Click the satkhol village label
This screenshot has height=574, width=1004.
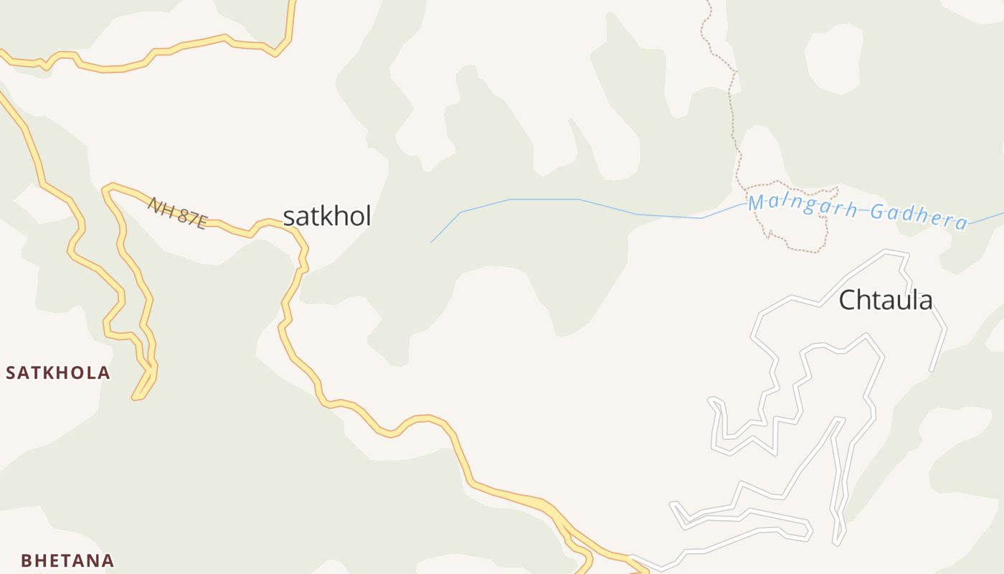click(327, 216)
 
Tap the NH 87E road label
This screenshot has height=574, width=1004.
click(177, 213)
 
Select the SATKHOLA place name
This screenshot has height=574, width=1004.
click(58, 373)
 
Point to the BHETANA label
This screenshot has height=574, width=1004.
click(67, 560)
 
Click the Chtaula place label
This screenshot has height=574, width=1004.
click(886, 300)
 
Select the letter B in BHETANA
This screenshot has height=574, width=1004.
click(26, 560)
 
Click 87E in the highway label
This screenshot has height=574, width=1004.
click(191, 218)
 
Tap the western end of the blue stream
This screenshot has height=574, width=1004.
click(431, 243)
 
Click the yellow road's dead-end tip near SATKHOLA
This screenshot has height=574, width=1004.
click(135, 397)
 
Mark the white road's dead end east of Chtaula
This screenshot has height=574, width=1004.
click(932, 370)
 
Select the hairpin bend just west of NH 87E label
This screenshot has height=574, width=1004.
click(106, 189)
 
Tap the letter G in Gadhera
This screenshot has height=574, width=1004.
click(877, 212)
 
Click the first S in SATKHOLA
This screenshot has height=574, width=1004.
click(11, 373)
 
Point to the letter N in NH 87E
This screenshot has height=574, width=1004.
click(153, 203)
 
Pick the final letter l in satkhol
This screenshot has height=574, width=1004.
click(368, 216)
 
